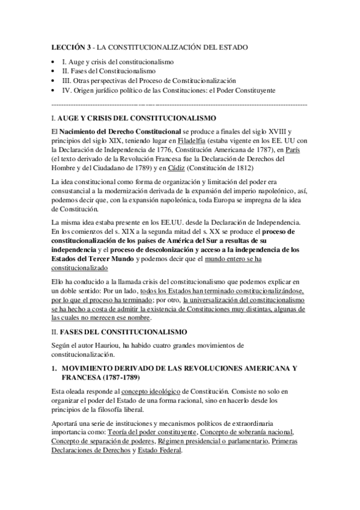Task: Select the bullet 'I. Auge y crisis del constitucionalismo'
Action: [118, 62]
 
